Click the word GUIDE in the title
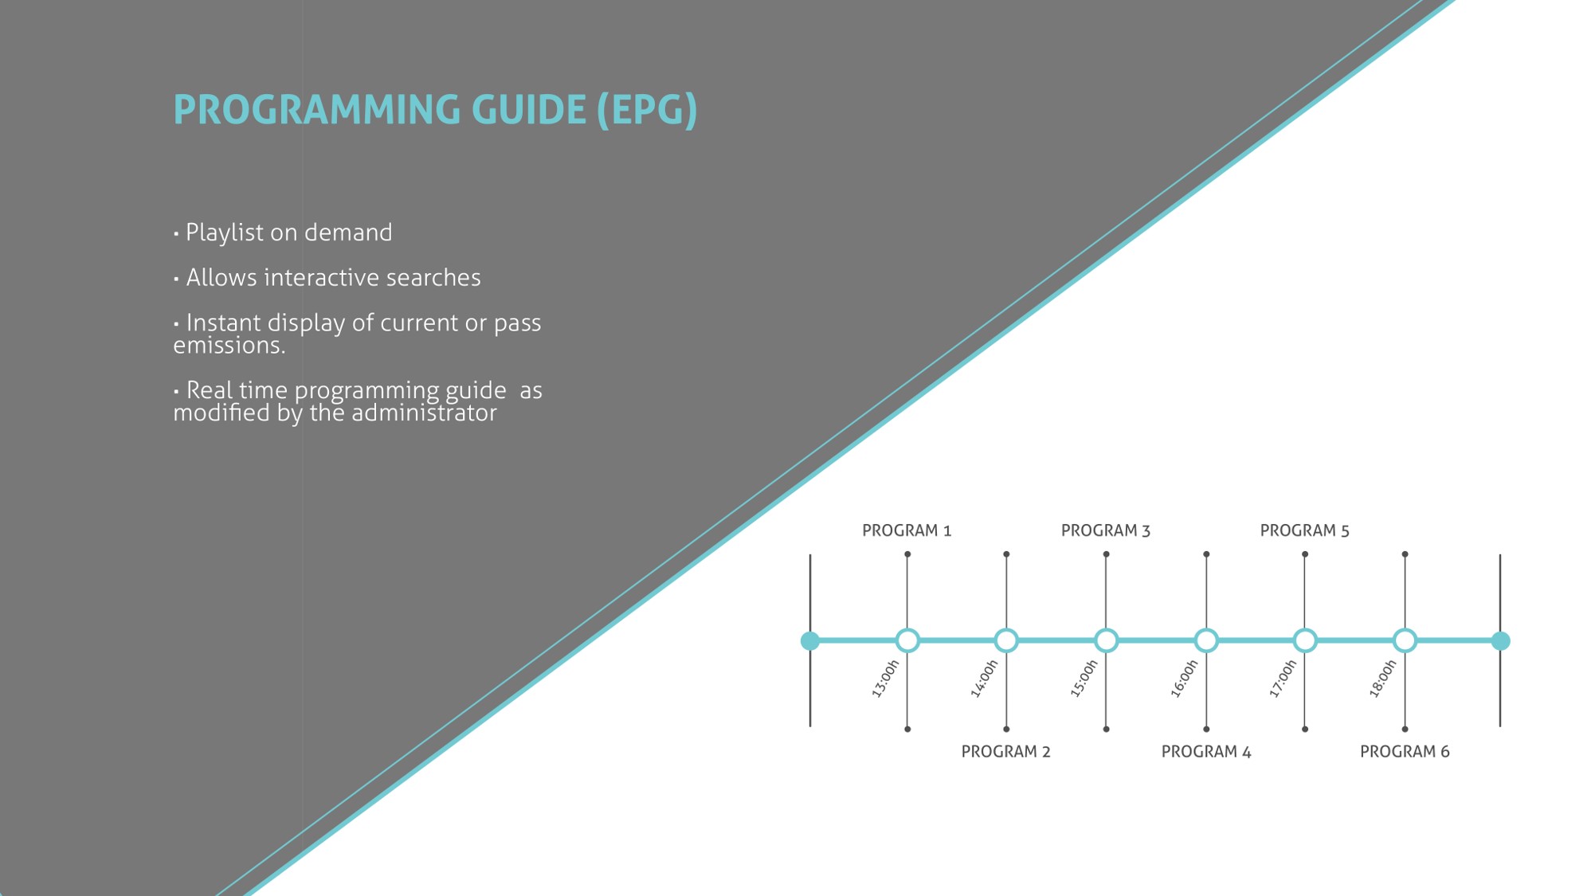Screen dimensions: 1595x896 [529, 110]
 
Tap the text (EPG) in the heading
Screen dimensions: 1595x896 [648, 111]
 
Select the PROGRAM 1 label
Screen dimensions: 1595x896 [907, 530]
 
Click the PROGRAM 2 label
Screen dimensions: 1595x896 [1006, 751]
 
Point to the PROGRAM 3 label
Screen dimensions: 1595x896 [1106, 530]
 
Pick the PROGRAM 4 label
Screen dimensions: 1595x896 [1206, 751]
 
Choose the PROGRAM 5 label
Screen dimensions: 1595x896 [1305, 530]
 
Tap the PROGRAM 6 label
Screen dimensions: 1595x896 [1405, 751]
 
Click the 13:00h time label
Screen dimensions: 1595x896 [885, 679]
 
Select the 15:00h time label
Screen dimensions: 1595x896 [1084, 679]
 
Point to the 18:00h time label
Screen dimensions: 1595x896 [1383, 679]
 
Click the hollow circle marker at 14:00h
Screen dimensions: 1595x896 [1006, 640]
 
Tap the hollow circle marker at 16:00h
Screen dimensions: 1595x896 [1206, 640]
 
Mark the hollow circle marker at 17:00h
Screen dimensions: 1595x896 [1305, 640]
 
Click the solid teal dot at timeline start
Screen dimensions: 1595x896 [810, 640]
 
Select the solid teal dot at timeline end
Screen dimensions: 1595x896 [1500, 640]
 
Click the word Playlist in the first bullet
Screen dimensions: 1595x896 [224, 233]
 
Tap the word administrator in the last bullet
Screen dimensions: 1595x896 [424, 413]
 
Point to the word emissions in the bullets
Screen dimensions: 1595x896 [227, 346]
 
